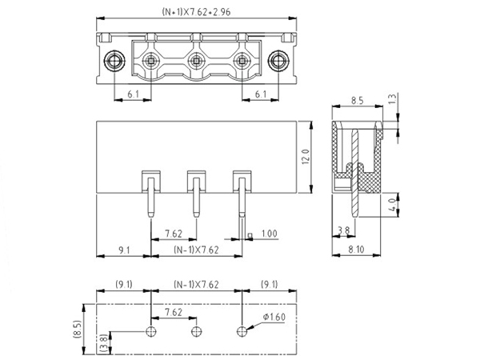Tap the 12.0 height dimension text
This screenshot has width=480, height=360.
point(305,157)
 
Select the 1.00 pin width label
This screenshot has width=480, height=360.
point(270,234)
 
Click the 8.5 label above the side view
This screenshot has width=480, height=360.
point(358,102)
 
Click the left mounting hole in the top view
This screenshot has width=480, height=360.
point(114,61)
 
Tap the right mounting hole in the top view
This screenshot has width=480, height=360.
point(278,61)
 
